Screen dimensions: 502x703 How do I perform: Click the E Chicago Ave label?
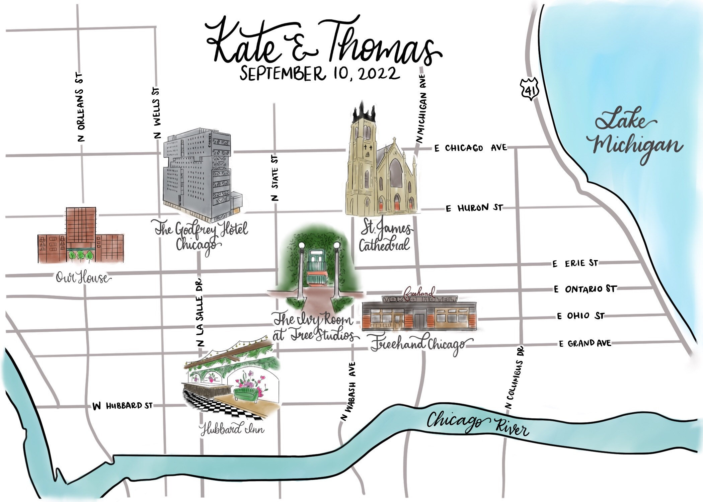[470, 148]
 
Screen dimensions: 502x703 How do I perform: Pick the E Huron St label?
[474, 208]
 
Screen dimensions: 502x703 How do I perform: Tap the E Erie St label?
[575, 263]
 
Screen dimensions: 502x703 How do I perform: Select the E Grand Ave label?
[585, 343]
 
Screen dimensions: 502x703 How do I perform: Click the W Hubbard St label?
[123, 406]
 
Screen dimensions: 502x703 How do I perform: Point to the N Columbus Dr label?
[515, 378]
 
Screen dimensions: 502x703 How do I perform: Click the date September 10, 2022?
[320, 74]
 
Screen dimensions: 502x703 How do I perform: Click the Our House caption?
[82, 278]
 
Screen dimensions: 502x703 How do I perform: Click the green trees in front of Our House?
[80, 256]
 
